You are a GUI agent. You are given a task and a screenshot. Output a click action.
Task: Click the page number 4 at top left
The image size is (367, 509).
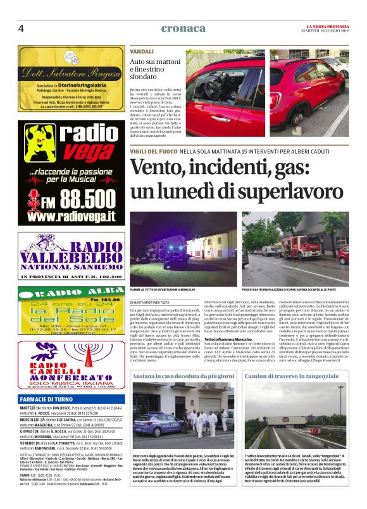(21, 28)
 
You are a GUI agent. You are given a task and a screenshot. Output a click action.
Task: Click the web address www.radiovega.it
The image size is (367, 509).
(71, 217)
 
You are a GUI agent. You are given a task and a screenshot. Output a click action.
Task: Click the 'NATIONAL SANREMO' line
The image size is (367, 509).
(71, 268)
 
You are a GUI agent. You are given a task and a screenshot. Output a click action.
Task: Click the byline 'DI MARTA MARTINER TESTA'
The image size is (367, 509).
(156, 305)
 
